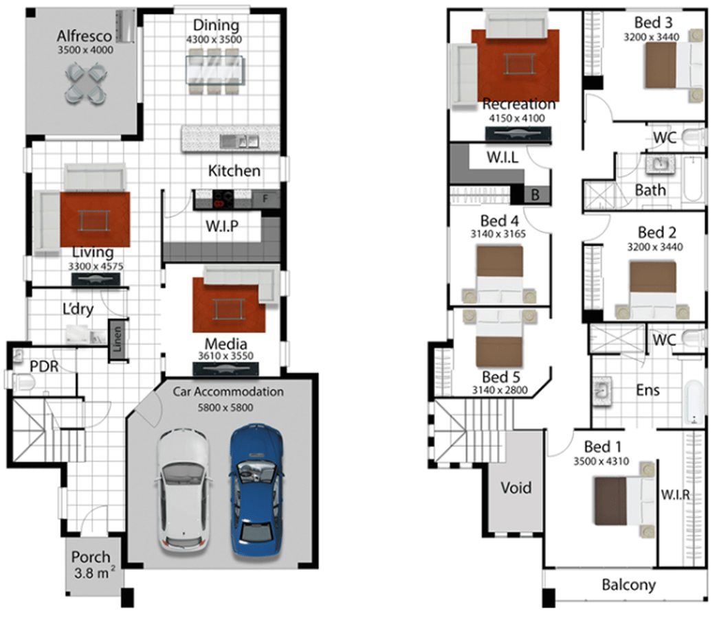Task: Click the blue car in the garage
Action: pyautogui.click(x=256, y=490)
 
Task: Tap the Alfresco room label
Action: pyautogui.click(x=84, y=36)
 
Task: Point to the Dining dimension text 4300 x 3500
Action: pyautogui.click(x=214, y=40)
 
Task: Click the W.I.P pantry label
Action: pyautogui.click(x=222, y=226)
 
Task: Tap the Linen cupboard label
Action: pyautogui.click(x=118, y=339)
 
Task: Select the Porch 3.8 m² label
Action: pyautogui.click(x=93, y=564)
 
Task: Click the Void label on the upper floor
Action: pyautogui.click(x=516, y=488)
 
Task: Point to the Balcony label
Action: pyautogui.click(x=629, y=584)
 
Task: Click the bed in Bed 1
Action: pyautogui.click(x=625, y=500)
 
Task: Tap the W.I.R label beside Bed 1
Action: pyautogui.click(x=675, y=494)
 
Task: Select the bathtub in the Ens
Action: pyautogui.click(x=693, y=402)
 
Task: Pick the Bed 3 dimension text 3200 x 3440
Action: pyautogui.click(x=652, y=37)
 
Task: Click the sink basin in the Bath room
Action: pyautogui.click(x=659, y=164)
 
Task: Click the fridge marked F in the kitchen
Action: pyautogui.click(x=265, y=198)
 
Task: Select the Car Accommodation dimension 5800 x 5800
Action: pyautogui.click(x=225, y=407)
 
